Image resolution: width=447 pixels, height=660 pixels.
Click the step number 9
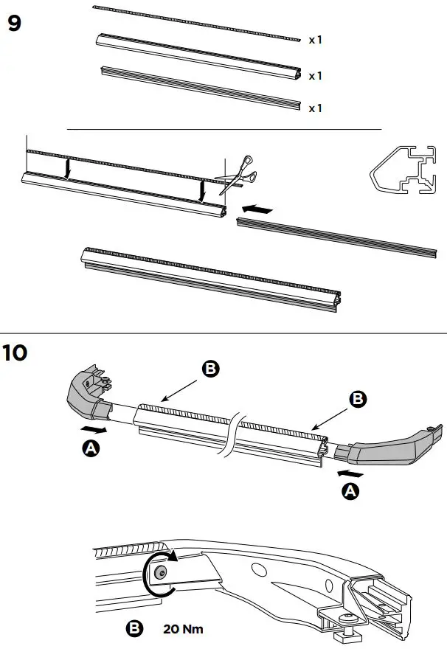(x=14, y=23)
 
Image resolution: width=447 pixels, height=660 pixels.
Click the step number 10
(x=15, y=352)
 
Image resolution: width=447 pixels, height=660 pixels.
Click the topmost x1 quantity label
(x=315, y=40)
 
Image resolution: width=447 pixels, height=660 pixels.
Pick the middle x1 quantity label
(x=315, y=75)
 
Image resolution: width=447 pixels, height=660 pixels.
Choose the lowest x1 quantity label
(x=315, y=108)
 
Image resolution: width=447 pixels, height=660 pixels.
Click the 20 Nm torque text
(x=182, y=629)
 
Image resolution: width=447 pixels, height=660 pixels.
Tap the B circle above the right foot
(x=357, y=398)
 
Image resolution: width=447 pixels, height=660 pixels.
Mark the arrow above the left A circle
(x=94, y=428)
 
